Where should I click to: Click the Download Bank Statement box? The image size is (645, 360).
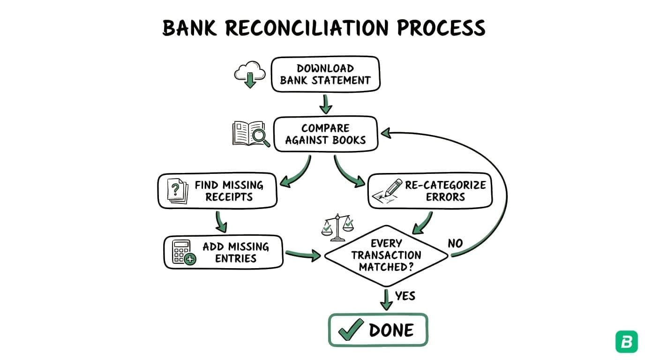325,74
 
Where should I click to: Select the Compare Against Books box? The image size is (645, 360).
325,134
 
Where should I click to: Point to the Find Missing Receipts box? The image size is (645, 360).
217,191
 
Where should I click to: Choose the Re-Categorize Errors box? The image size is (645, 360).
429,191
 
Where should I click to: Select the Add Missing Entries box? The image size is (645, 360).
223,252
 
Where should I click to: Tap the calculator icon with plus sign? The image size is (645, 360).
183,253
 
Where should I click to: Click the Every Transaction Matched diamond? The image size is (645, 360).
386,255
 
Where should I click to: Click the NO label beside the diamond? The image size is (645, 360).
455,243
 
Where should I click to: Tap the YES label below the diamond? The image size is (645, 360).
405,296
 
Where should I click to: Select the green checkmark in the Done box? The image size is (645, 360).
351,330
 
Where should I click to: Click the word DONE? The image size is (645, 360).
391,330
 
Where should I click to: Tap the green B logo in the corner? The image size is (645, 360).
626,342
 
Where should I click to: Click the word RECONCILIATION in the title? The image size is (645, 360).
307,28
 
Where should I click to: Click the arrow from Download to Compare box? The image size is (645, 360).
325,103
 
